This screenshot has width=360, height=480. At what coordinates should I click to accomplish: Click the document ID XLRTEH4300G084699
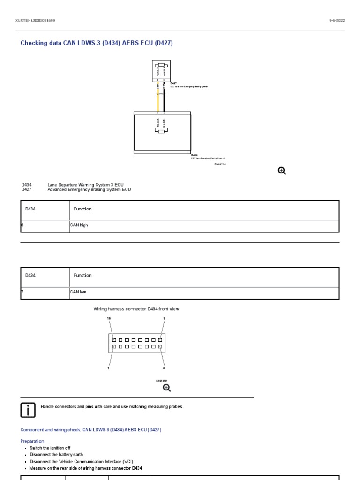pyautogui.click(x=35, y=21)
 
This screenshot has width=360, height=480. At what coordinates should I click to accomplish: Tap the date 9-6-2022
pyautogui.click(x=337, y=21)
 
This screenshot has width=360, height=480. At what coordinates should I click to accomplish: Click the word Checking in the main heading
pyautogui.click(x=34, y=43)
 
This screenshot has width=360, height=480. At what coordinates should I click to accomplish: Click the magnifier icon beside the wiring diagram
pyautogui.click(x=282, y=171)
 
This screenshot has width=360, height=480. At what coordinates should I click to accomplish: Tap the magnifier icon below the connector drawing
pyautogui.click(x=166, y=388)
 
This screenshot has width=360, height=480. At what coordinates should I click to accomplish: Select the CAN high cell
pyautogui.click(x=79, y=225)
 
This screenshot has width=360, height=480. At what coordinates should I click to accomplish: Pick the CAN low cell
pyautogui.click(x=78, y=292)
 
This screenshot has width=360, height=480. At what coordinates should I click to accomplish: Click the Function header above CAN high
pyautogui.click(x=82, y=209)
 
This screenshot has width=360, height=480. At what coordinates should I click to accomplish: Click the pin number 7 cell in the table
pyautogui.click(x=22, y=292)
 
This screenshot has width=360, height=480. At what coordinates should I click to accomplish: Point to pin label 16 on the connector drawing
pyautogui.click(x=109, y=318)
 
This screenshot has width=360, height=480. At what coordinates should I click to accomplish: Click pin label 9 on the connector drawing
pyautogui.click(x=164, y=318)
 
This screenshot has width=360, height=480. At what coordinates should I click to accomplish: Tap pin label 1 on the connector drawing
pyautogui.click(x=109, y=368)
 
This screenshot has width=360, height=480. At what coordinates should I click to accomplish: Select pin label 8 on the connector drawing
pyautogui.click(x=164, y=368)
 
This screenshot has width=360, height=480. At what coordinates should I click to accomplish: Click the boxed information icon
pyautogui.click(x=28, y=410)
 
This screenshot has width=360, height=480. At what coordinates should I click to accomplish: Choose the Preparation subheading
pyautogui.click(x=32, y=441)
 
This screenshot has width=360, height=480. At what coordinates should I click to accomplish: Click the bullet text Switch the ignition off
pyautogui.click(x=50, y=448)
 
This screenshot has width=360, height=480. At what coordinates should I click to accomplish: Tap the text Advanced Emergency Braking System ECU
pyautogui.click(x=89, y=190)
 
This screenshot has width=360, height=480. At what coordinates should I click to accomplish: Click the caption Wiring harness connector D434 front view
pyautogui.click(x=136, y=309)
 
